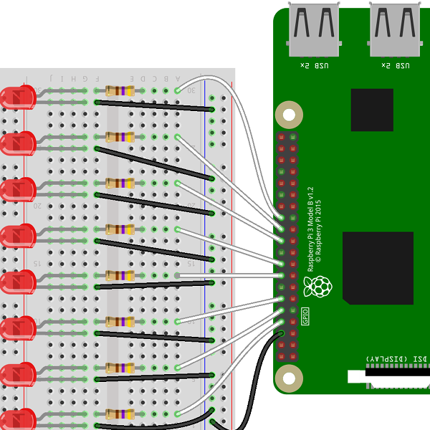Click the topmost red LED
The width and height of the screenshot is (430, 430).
pyautogui.click(x=19, y=97)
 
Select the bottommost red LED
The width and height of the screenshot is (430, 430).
pyautogui.click(x=19, y=420)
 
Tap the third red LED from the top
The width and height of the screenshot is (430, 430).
pyautogui.click(x=19, y=189)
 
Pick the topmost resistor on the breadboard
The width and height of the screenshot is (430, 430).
pyautogui.click(x=120, y=91)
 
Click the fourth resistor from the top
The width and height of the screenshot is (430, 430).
pyautogui.click(x=120, y=229)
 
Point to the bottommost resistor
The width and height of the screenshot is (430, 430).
pyautogui.click(x=120, y=414)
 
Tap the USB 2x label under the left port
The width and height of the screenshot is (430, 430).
pyautogui.click(x=314, y=66)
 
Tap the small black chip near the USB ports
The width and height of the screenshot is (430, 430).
pyautogui.click(x=372, y=110)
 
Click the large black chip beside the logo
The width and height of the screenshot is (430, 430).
pyautogui.click(x=378, y=267)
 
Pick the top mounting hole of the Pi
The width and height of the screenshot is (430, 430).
pyautogui.click(x=289, y=114)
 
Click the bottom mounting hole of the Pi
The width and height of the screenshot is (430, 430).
pyautogui.click(x=289, y=378)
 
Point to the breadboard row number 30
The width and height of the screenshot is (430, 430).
pyautogui.click(x=191, y=91)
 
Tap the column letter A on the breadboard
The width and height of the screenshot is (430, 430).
pyautogui.click(x=177, y=78)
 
